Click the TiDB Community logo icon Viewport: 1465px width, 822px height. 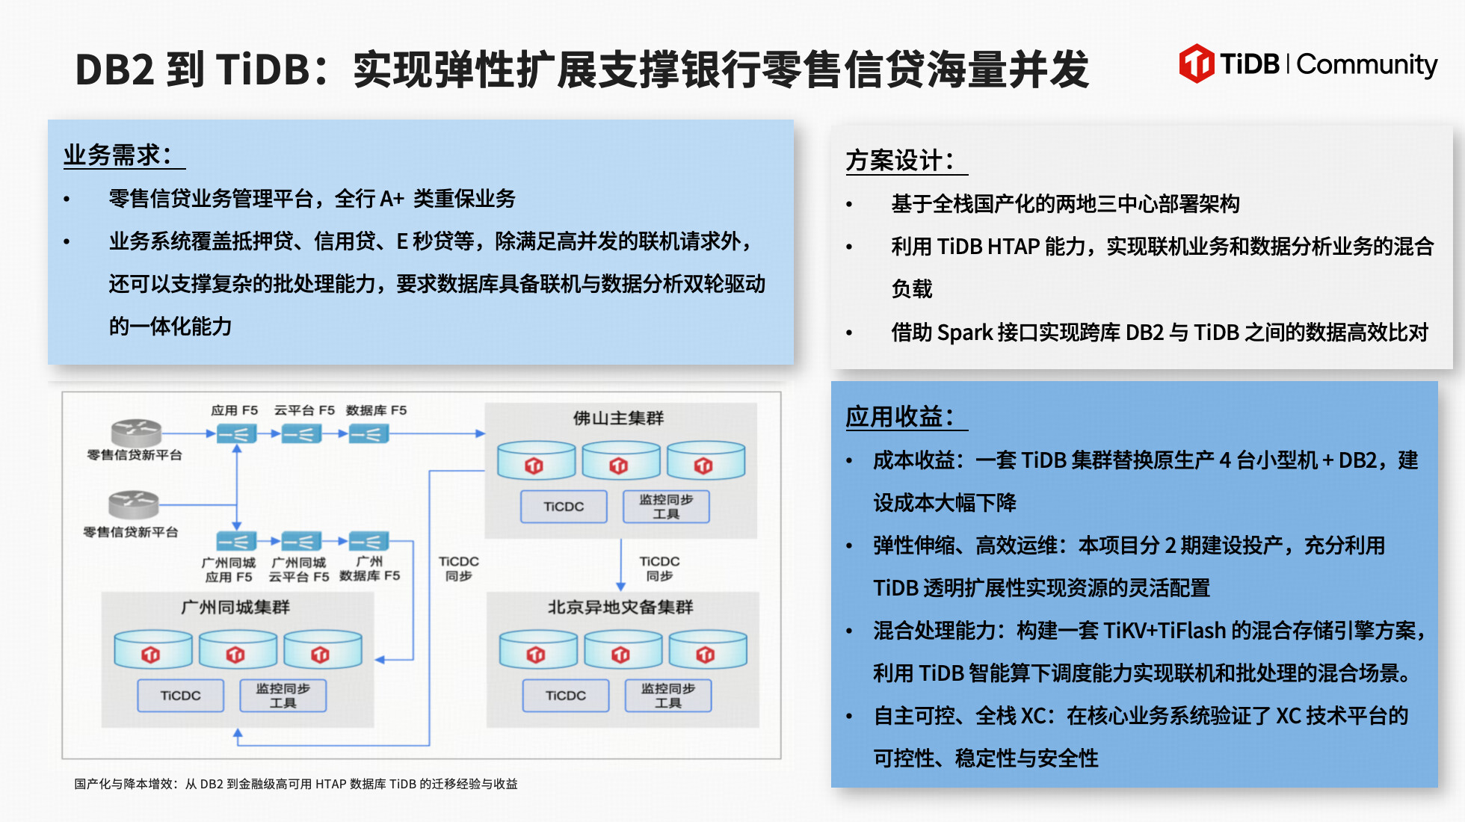(1196, 64)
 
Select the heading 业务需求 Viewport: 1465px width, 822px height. (117, 155)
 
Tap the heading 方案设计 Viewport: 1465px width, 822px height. (900, 161)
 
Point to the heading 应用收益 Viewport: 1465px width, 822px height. (900, 416)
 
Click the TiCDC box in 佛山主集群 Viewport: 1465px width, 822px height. (564, 507)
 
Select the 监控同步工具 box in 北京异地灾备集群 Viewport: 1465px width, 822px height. (667, 696)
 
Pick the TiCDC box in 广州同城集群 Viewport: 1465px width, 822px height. (180, 696)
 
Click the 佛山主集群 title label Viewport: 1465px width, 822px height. (618, 418)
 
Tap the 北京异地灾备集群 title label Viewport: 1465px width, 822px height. (620, 607)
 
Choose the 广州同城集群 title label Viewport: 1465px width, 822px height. (235, 607)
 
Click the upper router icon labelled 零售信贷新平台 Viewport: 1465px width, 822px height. (136, 432)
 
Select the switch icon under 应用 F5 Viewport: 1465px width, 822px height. (236, 433)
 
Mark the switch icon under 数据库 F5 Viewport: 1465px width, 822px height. (369, 433)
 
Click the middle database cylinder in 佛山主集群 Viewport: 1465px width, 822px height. (620, 460)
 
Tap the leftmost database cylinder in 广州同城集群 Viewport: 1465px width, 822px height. (152, 649)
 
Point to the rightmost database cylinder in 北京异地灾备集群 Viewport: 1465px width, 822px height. (707, 649)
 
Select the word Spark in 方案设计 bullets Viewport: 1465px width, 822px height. (964, 333)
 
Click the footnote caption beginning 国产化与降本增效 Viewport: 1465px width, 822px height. (296, 784)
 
